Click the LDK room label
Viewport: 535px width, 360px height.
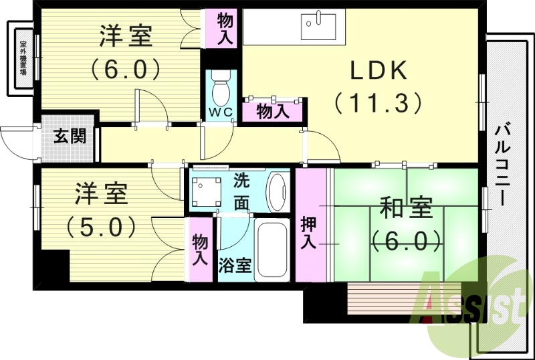[376, 71]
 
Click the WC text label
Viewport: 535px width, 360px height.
[220, 112]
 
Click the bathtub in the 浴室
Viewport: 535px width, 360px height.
[271, 251]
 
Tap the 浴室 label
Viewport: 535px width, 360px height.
[235, 265]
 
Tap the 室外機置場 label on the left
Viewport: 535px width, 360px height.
[22, 58]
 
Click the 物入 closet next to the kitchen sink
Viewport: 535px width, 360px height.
[225, 29]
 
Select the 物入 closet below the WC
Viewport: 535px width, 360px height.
[273, 111]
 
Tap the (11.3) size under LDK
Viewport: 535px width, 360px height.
[378, 102]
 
